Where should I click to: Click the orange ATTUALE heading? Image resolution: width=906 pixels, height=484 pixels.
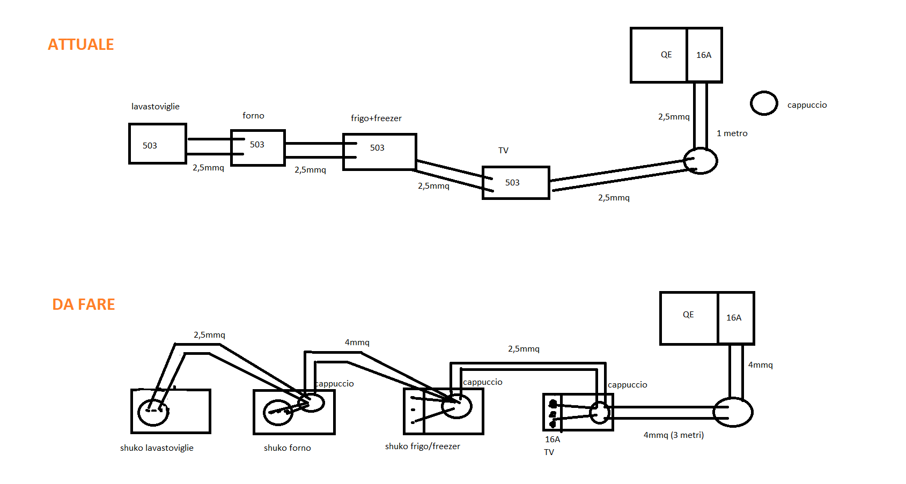81,44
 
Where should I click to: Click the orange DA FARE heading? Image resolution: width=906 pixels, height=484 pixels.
84,304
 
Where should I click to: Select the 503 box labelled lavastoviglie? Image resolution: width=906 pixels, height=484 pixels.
157,144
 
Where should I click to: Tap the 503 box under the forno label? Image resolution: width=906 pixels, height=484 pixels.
257,147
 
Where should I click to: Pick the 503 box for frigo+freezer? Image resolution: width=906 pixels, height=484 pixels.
379,152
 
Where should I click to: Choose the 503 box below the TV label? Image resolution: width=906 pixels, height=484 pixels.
515,183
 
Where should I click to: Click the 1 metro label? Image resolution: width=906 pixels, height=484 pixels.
732,133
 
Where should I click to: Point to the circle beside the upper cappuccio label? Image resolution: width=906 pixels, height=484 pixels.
763,103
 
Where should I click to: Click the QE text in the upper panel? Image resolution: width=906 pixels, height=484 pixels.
666,55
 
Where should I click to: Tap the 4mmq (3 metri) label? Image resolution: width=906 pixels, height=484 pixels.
673,435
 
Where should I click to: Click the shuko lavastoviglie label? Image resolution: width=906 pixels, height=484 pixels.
157,448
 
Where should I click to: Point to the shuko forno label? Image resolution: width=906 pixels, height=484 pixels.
287,448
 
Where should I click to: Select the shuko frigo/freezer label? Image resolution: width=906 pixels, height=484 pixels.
422,446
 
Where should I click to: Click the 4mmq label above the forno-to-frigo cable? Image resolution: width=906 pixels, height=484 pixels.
357,342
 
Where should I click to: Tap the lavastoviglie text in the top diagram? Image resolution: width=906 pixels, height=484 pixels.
155,107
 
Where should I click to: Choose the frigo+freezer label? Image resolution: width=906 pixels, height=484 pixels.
376,118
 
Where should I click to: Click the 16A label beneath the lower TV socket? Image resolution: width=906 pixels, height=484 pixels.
552,440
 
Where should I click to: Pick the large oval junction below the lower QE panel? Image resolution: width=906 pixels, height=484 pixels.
733,412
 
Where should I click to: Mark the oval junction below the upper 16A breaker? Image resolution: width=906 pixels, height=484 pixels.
700,161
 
